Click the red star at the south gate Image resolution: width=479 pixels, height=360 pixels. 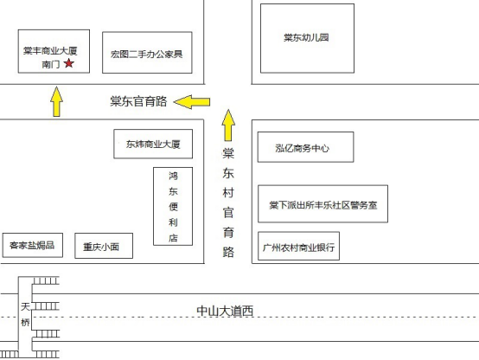[x=69, y=63]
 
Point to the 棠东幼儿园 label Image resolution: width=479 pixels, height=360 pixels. [x=306, y=37]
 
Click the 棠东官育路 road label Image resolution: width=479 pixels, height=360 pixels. [x=138, y=101]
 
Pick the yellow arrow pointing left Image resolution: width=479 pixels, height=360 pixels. [x=192, y=102]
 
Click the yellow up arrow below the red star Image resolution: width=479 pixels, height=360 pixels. [x=56, y=101]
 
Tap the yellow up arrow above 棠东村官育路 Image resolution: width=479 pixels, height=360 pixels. [x=228, y=125]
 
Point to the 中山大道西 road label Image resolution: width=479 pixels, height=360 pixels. [x=225, y=311]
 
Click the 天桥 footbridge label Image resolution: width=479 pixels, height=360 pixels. [x=25, y=314]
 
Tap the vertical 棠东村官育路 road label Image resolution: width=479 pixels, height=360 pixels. [x=228, y=202]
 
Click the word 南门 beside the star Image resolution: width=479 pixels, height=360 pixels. [x=51, y=64]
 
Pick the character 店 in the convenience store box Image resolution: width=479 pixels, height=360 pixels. [x=173, y=238]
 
